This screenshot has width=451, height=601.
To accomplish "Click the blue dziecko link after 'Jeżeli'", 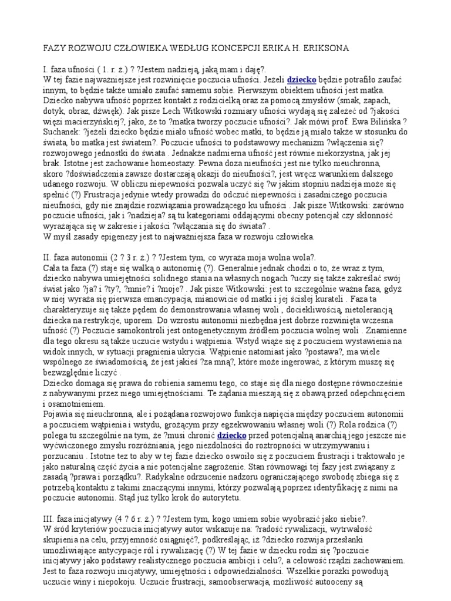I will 302,79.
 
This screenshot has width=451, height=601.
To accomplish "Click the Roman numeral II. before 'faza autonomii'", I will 49,258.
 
